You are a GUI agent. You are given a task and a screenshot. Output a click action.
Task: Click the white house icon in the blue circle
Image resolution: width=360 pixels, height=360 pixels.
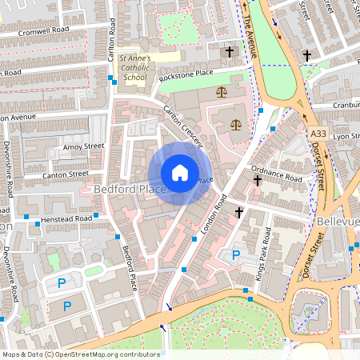pyautogui.click(x=180, y=173)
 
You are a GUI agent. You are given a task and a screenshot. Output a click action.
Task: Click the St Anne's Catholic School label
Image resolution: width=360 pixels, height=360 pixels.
pyautogui.click(x=133, y=69)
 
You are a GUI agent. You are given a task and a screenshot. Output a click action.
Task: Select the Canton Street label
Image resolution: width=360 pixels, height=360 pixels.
pyautogui.click(x=66, y=174)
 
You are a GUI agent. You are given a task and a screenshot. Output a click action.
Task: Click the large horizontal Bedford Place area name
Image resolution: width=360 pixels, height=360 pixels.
pyautogui.click(x=130, y=190)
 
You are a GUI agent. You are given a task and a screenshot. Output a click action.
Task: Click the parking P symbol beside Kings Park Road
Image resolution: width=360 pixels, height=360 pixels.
pyautogui.click(x=235, y=255)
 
